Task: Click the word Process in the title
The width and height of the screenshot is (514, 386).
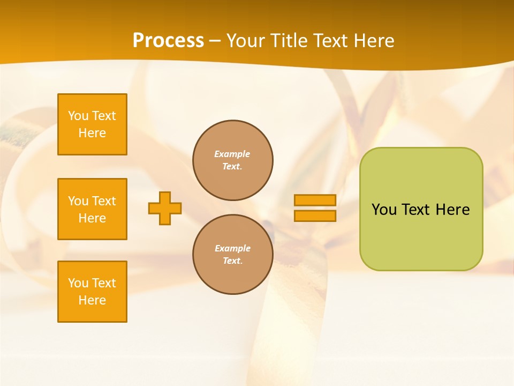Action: [x=168, y=40]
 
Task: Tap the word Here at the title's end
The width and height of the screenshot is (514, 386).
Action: [x=374, y=41]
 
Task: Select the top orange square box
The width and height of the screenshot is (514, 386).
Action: [x=92, y=124]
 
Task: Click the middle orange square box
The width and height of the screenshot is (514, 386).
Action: [x=92, y=209]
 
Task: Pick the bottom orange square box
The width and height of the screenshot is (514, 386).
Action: [x=92, y=292]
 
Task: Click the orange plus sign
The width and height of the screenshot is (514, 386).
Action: [x=165, y=208]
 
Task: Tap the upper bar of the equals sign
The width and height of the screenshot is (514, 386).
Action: [x=315, y=200]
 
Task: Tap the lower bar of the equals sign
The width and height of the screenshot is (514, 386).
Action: [x=315, y=216]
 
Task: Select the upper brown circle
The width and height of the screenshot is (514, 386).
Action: [x=233, y=160]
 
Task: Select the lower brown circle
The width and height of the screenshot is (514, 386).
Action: [x=233, y=255]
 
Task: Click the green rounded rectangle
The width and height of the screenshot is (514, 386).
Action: [x=421, y=236]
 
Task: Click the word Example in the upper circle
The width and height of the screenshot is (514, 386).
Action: [x=232, y=154]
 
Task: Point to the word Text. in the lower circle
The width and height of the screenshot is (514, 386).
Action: [x=233, y=261]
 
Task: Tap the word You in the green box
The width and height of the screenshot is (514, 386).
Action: [x=383, y=210]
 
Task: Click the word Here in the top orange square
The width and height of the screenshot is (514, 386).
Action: [x=92, y=133]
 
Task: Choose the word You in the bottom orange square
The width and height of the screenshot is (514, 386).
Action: [x=78, y=283]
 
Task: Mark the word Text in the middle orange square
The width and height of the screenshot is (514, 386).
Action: [x=104, y=201]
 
